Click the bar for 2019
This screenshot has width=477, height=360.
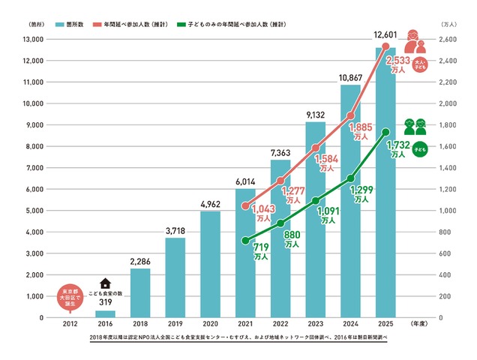pyautogui.click(x=175, y=277)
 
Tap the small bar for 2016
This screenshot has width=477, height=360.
pyautogui.click(x=105, y=313)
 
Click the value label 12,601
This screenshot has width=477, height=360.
pyautogui.click(x=385, y=38)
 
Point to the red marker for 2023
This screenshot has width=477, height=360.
pyautogui.click(x=316, y=148)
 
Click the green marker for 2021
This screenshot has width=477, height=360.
pyautogui.click(x=245, y=241)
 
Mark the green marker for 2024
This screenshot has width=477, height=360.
pyautogui.click(x=351, y=178)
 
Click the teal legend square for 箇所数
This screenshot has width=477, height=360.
pyautogui.click(x=57, y=25)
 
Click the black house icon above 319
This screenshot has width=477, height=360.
pyautogui.click(x=105, y=283)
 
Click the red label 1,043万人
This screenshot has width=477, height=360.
pyautogui.click(x=264, y=213)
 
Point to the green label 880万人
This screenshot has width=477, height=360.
pyautogui.click(x=292, y=238)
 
